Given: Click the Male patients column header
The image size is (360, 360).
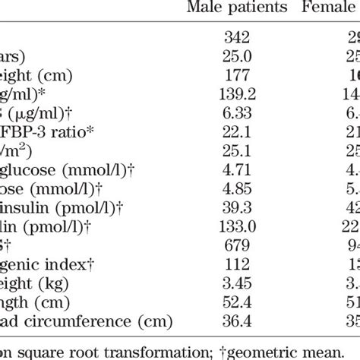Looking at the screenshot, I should click(x=238, y=9).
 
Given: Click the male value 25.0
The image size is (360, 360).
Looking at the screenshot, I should click(x=238, y=55).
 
